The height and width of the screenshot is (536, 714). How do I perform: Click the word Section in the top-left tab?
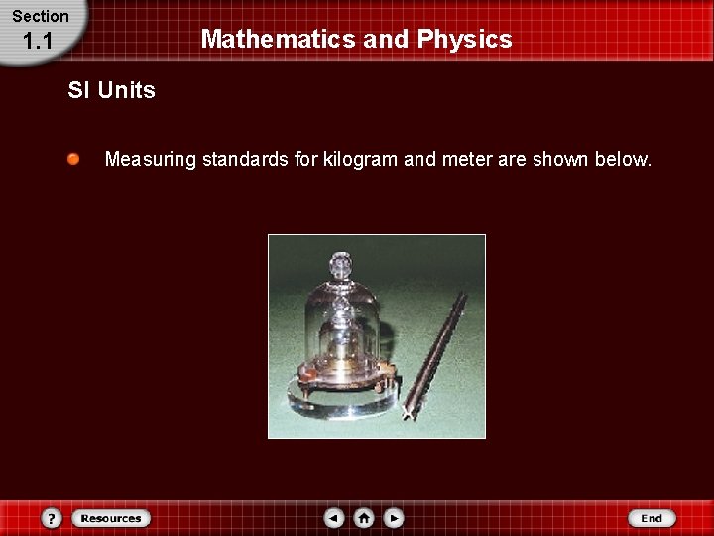(x=41, y=16)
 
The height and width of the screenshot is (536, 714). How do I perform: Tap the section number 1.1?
(x=37, y=42)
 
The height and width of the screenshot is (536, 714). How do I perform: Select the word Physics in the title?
(x=465, y=39)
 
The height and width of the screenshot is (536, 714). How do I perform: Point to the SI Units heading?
(x=111, y=90)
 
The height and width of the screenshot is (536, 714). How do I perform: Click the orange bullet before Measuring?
(x=74, y=159)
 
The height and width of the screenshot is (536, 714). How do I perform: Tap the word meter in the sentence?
(x=466, y=159)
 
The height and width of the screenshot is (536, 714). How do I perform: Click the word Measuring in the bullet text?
(x=151, y=159)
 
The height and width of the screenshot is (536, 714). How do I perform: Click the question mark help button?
(x=52, y=518)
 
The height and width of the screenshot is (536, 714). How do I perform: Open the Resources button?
(x=111, y=518)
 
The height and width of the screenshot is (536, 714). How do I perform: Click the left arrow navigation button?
(x=335, y=518)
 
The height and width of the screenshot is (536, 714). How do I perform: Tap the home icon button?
(x=364, y=518)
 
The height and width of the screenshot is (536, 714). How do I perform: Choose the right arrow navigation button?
(x=394, y=518)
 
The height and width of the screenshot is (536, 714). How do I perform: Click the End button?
(x=652, y=518)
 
